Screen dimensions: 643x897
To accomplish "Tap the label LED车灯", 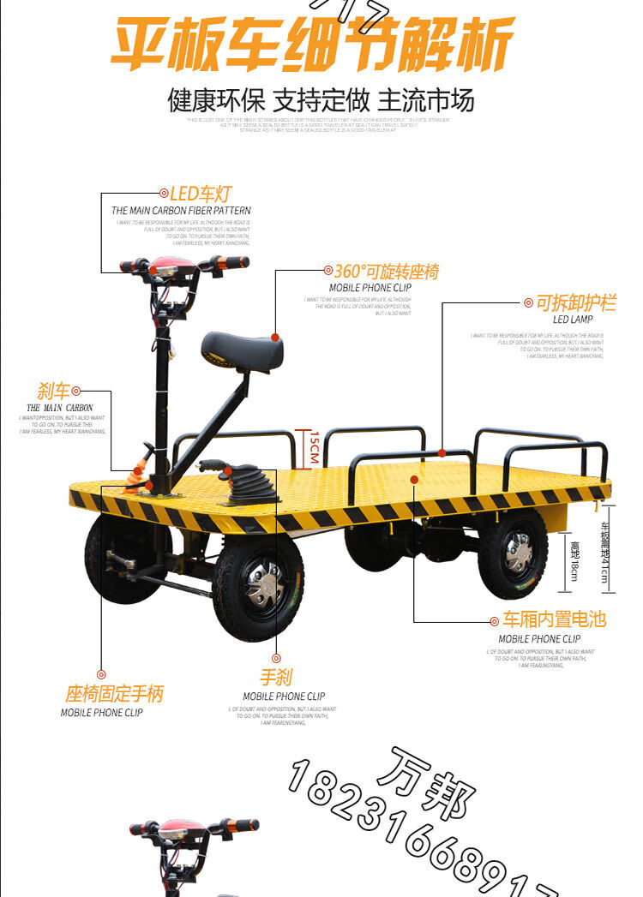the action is click(x=200, y=194).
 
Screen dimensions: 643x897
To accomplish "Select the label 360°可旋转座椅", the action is click(x=386, y=272).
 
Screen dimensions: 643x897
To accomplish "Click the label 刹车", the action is click(x=53, y=392).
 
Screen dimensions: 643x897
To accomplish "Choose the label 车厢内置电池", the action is click(x=554, y=619).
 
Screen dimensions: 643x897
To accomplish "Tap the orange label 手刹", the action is click(x=276, y=678).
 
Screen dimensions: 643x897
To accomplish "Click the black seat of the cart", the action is click(x=243, y=350).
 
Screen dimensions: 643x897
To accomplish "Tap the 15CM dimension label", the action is click(x=314, y=446).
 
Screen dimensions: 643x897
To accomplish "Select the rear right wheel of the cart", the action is click(x=513, y=553).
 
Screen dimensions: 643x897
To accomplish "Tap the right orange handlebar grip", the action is click(x=231, y=262).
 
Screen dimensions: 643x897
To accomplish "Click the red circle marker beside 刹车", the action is click(x=76, y=392).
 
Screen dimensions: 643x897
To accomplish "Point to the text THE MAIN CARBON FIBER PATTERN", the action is click(x=181, y=211).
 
